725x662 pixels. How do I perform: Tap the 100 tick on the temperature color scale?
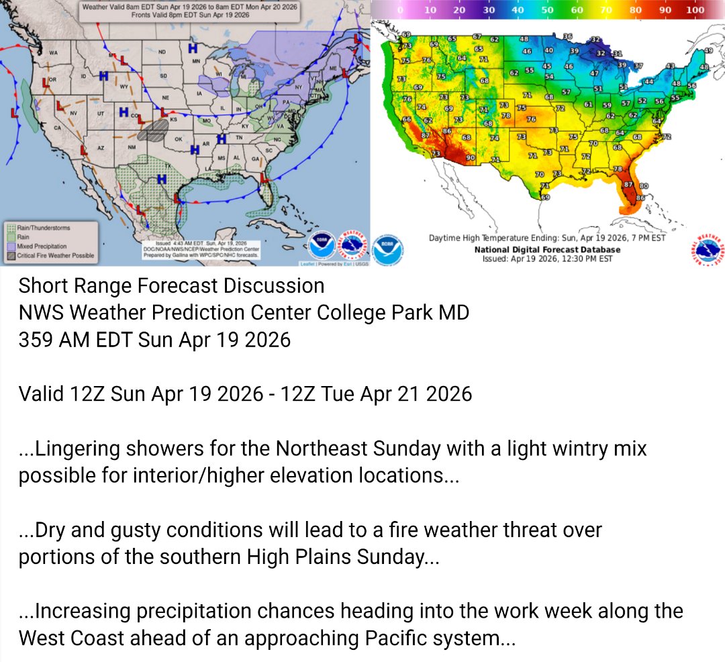(695, 10)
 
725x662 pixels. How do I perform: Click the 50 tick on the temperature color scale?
(547, 10)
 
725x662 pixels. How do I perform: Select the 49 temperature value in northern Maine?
(708, 51)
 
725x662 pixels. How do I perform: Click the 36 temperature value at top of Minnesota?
(567, 36)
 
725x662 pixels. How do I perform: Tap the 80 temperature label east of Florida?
(643, 185)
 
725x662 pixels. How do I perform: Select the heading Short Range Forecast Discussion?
(171, 286)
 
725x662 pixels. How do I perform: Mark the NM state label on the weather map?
(132, 146)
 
